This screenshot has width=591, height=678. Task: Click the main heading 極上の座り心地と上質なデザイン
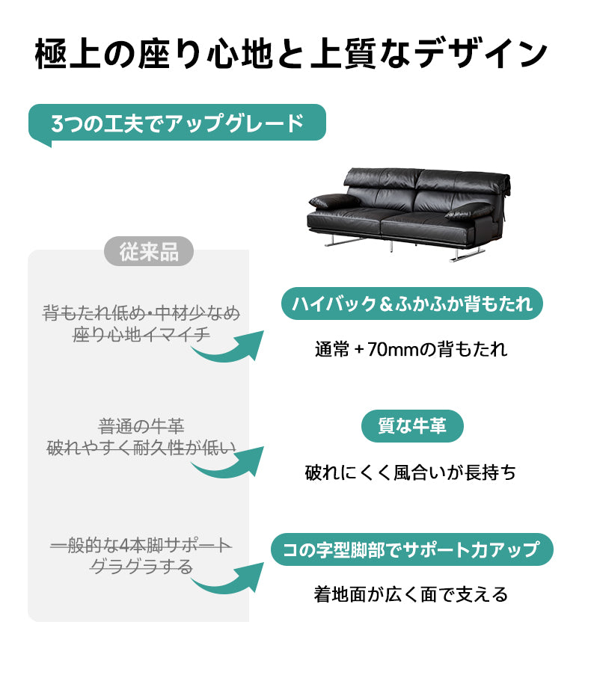click(x=291, y=54)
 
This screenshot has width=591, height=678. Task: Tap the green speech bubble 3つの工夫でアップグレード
click(x=177, y=123)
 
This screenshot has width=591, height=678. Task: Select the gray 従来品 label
click(x=149, y=251)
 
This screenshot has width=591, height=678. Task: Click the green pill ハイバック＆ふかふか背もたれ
click(x=412, y=303)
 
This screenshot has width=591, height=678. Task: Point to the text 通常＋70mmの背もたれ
click(x=411, y=349)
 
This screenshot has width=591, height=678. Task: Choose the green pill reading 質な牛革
click(x=412, y=426)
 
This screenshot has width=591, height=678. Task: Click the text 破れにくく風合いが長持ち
click(x=411, y=472)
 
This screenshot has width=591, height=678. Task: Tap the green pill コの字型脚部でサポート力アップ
click(x=412, y=549)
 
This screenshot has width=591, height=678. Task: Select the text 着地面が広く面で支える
click(x=411, y=594)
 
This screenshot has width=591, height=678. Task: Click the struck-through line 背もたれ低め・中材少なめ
click(x=141, y=312)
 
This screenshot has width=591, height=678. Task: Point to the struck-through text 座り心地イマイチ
click(x=141, y=335)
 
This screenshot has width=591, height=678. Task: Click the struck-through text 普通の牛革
click(x=141, y=427)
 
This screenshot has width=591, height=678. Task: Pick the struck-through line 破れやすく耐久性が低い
click(x=141, y=448)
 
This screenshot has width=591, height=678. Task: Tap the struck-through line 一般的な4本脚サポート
click(x=141, y=546)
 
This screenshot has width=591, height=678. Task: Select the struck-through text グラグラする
click(x=141, y=567)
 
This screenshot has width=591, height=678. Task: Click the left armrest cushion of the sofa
click(x=334, y=201)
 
